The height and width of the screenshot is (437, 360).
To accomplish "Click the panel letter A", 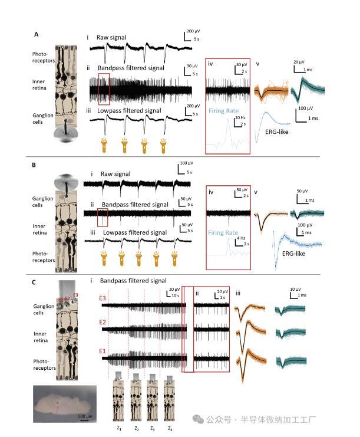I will coord(37,35).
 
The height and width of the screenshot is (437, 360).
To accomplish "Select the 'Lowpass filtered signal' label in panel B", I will coord(135,232).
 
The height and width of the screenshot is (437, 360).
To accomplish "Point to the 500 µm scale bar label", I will coord(85,416).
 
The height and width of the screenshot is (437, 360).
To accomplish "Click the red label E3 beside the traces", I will coord(103,298).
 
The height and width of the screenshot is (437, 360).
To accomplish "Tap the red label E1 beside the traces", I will coord(103,351).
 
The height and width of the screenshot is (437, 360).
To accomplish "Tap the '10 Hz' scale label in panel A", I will coord(240,118).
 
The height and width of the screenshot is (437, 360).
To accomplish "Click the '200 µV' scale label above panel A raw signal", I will coord(193,29).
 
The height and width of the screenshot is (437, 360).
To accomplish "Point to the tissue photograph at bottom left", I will coord(65,403).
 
